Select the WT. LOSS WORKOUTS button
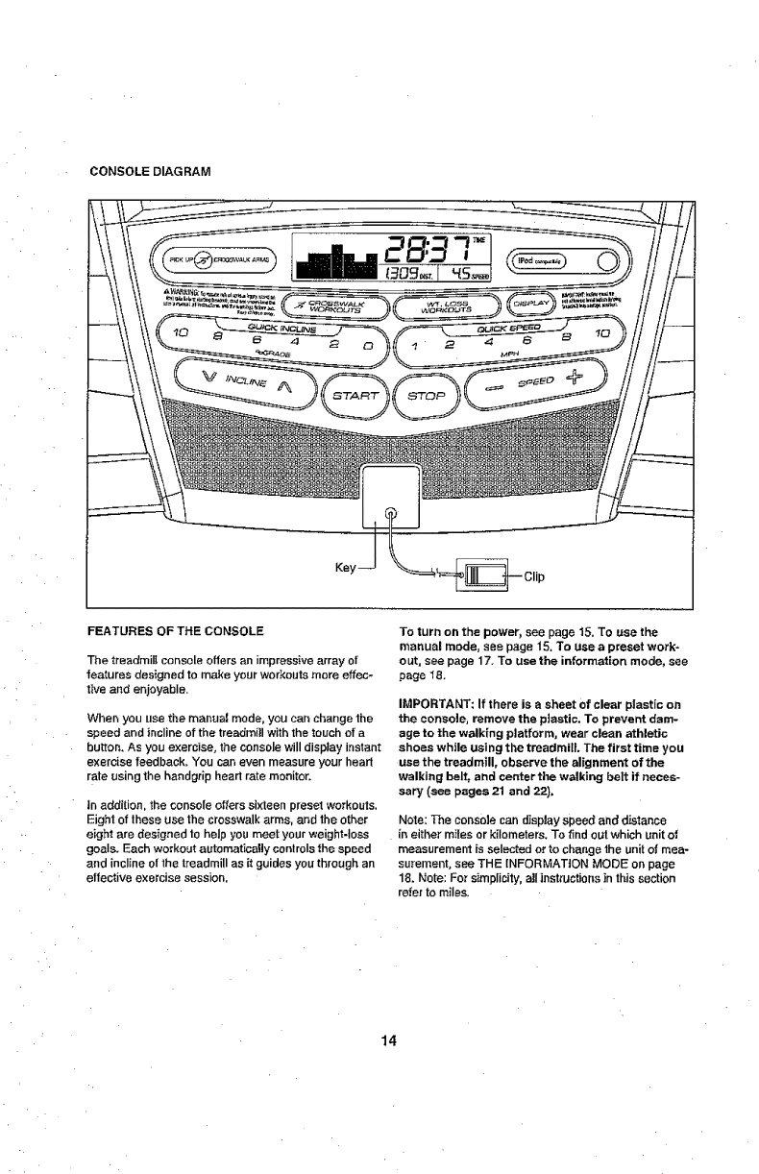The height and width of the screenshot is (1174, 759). (445, 306)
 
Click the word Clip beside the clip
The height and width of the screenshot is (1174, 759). (535, 577)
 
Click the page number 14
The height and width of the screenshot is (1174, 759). (387, 1040)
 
